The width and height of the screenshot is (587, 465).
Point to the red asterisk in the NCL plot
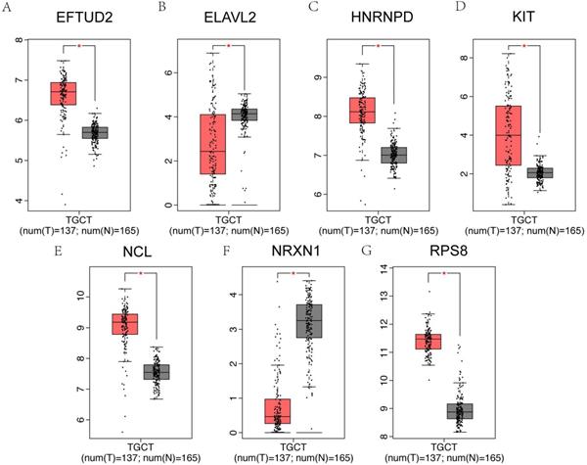click(141, 274)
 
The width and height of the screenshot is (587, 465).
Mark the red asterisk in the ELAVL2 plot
click(228, 46)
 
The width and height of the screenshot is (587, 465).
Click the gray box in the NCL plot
click(157, 372)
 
